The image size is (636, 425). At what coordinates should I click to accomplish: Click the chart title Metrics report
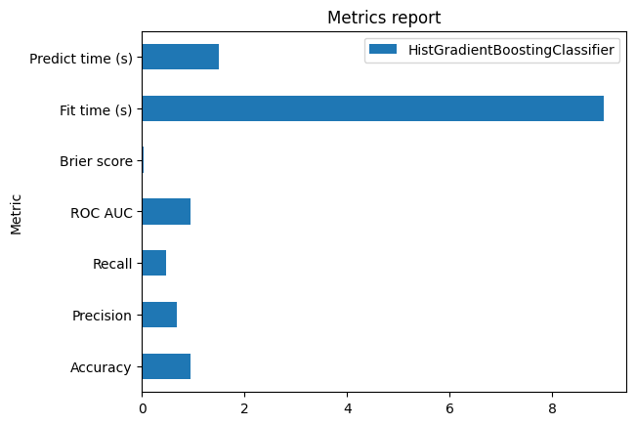[x=383, y=18]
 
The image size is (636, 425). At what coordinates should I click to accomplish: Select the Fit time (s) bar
[x=372, y=108]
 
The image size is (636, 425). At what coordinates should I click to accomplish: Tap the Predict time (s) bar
[x=180, y=57]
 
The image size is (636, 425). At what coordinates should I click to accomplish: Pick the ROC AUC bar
[x=166, y=212]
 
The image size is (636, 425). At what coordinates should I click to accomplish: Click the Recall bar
[x=153, y=264]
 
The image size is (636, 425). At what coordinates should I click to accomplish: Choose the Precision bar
[x=159, y=315]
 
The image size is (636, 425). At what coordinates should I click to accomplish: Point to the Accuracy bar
[x=166, y=366]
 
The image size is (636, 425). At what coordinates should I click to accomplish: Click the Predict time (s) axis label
[x=81, y=58]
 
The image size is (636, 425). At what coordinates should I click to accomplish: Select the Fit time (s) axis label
[x=95, y=109]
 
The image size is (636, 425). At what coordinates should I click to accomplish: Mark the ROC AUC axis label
[x=102, y=213]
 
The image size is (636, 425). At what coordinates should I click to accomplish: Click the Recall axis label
[x=112, y=264]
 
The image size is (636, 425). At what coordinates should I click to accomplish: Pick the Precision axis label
[x=103, y=316]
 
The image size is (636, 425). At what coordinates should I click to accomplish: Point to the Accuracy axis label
[x=102, y=367]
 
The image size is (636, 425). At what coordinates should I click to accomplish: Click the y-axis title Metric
[x=16, y=212]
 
